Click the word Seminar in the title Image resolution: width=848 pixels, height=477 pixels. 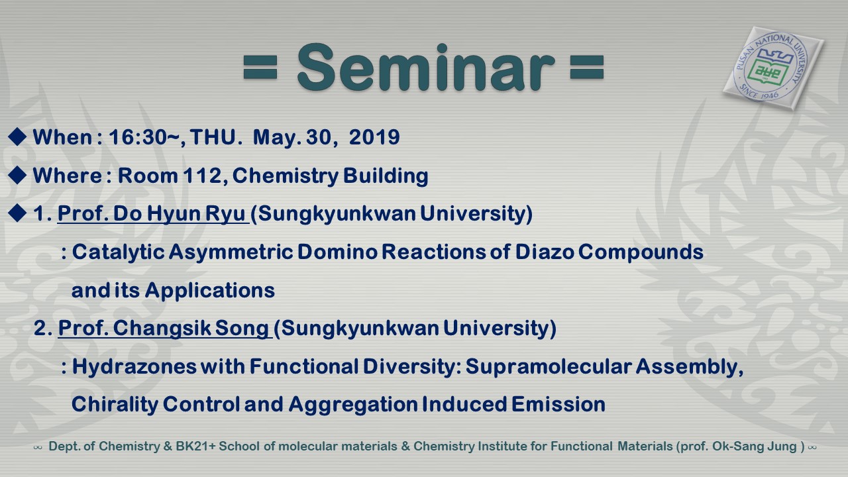click(426, 68)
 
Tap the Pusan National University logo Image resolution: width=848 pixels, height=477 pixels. click(773, 68)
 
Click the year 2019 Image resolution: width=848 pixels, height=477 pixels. click(374, 137)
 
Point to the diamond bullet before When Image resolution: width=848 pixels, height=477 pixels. click(17, 136)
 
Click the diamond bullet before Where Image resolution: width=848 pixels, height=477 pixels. click(17, 175)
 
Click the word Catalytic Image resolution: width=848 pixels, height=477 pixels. click(118, 252)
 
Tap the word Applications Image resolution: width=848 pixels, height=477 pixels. click(210, 291)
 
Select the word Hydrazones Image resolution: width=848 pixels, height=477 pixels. click(134, 367)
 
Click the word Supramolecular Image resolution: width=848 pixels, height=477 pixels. click(549, 367)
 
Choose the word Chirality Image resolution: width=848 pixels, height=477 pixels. click(115, 404)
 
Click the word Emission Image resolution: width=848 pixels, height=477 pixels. click(558, 404)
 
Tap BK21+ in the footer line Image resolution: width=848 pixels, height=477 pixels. click(195, 447)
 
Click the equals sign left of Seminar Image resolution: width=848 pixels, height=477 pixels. click(260, 68)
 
